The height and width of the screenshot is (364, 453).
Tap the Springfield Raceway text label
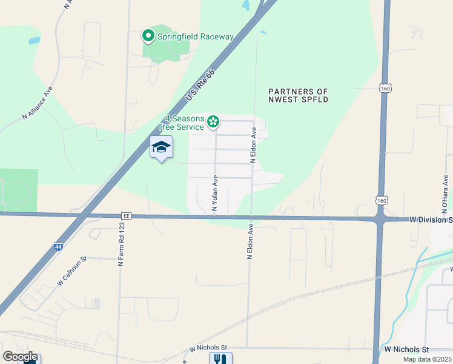coord(195,36)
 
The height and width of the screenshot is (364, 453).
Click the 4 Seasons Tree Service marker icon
coord(213,122)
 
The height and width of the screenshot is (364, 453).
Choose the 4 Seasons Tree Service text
coord(181,123)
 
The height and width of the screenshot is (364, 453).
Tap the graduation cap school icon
coord(161,147)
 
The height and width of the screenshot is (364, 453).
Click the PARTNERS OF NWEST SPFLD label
coord(299,95)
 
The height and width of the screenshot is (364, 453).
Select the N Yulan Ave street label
coord(214,194)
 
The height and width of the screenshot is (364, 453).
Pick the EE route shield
coord(127,215)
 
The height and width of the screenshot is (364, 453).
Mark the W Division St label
coord(431,219)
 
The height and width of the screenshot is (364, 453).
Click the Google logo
coord(20,357)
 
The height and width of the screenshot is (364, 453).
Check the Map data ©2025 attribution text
coord(427,359)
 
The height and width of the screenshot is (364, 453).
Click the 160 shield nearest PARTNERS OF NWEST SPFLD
coord(385,89)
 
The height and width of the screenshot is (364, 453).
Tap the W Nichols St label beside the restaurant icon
coord(208,348)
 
